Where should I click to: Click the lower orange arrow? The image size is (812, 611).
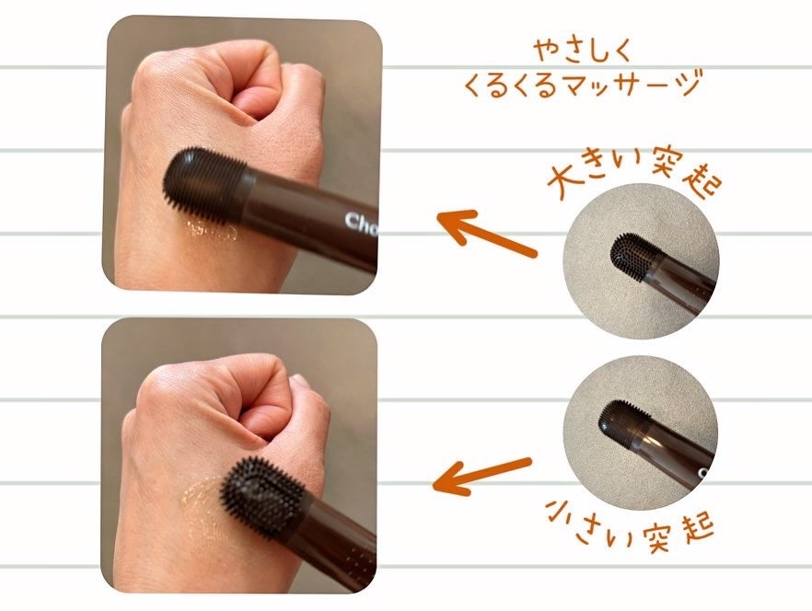(482, 474)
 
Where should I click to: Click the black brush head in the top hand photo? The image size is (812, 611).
(204, 184)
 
